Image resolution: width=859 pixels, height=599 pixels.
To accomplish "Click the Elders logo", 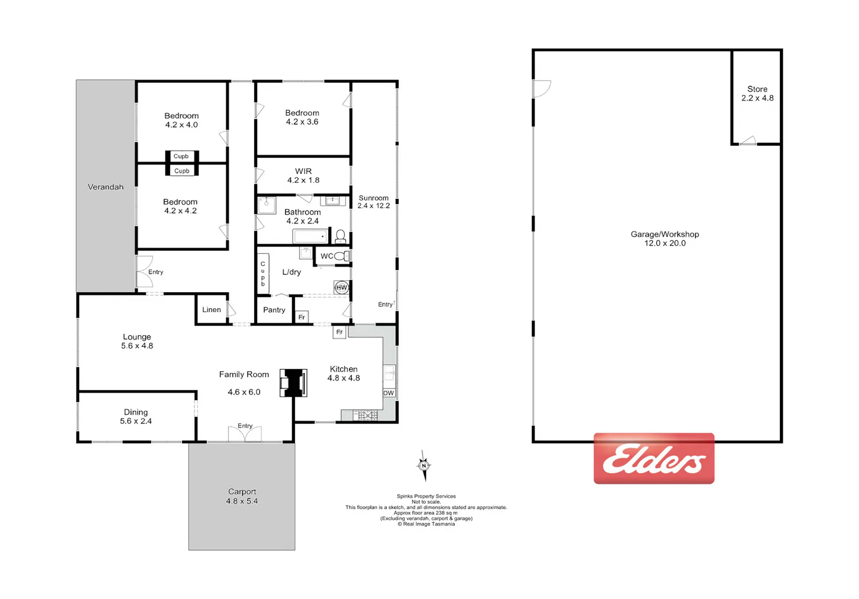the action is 654,458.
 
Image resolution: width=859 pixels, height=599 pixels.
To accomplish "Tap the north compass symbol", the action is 424,465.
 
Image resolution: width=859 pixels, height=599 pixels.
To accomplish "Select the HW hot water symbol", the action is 341,287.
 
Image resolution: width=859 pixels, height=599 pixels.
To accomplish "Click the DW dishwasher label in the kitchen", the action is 388,393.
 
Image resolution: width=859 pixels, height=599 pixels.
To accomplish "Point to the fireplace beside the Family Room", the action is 293,382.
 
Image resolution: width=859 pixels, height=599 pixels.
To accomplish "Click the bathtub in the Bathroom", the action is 310,236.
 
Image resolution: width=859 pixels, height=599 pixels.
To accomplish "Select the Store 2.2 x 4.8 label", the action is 758,93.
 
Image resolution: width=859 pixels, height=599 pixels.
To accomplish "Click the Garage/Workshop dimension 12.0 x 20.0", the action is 665,243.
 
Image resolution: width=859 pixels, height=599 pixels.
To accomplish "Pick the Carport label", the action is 242,492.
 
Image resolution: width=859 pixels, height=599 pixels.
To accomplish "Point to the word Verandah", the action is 105,187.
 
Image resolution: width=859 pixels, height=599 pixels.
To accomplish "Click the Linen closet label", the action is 211,310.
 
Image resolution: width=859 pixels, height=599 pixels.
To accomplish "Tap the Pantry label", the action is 274,310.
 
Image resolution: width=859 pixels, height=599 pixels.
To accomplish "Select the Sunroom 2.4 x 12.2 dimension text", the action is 373,206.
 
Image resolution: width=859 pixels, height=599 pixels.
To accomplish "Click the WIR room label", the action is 304,171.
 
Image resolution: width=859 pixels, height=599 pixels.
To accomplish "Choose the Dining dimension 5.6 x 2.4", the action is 136,421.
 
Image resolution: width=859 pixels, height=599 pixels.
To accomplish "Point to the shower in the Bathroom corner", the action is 266,205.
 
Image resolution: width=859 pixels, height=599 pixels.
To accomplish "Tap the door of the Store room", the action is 748,140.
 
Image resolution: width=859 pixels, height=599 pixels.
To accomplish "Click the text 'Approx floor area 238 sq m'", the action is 425,512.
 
